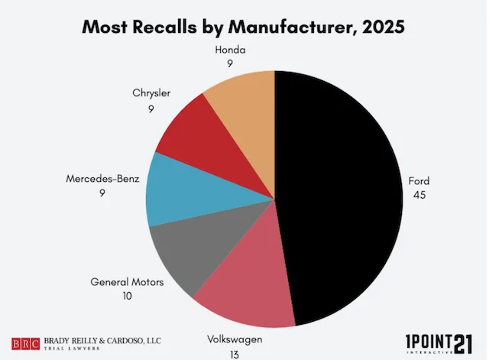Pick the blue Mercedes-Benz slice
pos(193,193)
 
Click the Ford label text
pos(419,181)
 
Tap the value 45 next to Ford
pos(419,195)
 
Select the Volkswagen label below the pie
pos(235,339)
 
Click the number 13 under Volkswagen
pos(235,355)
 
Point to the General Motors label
pos(127,282)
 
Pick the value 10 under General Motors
pos(128,296)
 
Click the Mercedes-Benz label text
pos(102,179)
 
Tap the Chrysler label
pos(151,93)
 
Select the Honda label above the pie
pos(230,50)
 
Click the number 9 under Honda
pos(230,63)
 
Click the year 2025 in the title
pos(384,27)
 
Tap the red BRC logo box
pos(25,344)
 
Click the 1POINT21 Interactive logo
pos(439,344)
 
